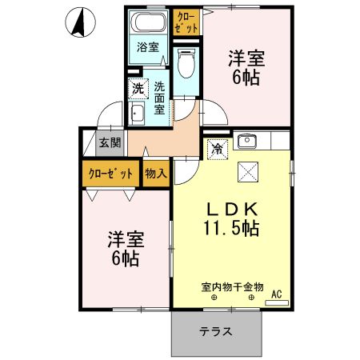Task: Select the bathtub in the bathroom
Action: click(148, 22)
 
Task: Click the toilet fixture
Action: click(186, 61)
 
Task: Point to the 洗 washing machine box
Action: click(138, 87)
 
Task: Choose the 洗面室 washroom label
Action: click(160, 98)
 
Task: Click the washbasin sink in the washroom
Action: click(136, 114)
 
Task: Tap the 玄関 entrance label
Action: click(110, 143)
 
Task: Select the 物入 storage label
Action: click(156, 173)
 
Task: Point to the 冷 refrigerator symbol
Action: click(216, 148)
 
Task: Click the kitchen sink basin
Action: click(246, 142)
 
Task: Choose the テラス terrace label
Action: click(216, 332)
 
